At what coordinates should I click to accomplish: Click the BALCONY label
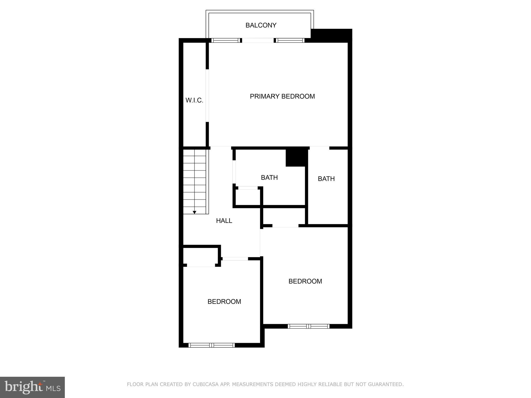click(261, 25)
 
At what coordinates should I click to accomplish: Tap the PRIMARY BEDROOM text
click(282, 96)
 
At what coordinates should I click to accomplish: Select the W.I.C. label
click(194, 100)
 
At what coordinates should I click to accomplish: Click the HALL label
click(224, 221)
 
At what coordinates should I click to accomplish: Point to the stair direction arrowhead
click(194, 212)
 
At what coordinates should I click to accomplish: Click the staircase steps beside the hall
click(194, 181)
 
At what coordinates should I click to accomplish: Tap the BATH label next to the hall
click(269, 177)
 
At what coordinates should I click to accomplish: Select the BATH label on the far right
click(326, 179)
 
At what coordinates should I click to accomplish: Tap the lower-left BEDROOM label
click(224, 302)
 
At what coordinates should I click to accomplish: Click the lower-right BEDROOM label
click(305, 281)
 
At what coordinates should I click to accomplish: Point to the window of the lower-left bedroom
click(212, 345)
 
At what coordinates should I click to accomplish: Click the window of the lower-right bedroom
click(309, 326)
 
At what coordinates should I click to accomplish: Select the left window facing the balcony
click(225, 40)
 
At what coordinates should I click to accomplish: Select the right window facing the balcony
click(290, 40)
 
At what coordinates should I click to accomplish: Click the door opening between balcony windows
click(258, 40)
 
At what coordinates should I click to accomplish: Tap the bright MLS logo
click(32, 387)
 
